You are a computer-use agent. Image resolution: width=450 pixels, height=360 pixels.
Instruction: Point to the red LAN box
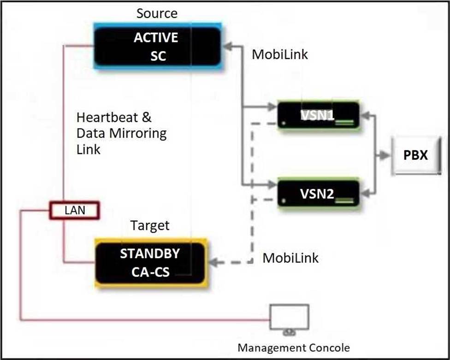tap(74, 211)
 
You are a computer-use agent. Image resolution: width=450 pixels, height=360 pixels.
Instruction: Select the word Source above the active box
tap(157, 13)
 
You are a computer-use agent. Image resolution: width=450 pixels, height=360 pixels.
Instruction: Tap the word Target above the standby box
tap(150, 226)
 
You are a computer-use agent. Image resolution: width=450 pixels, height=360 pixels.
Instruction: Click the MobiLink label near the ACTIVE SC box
tap(279, 54)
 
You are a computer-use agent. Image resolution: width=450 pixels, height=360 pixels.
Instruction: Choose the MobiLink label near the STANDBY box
tap(290, 258)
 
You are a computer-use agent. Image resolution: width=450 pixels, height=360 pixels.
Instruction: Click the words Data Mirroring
tap(121, 134)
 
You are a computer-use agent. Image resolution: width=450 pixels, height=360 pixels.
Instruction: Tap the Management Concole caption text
tap(293, 347)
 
